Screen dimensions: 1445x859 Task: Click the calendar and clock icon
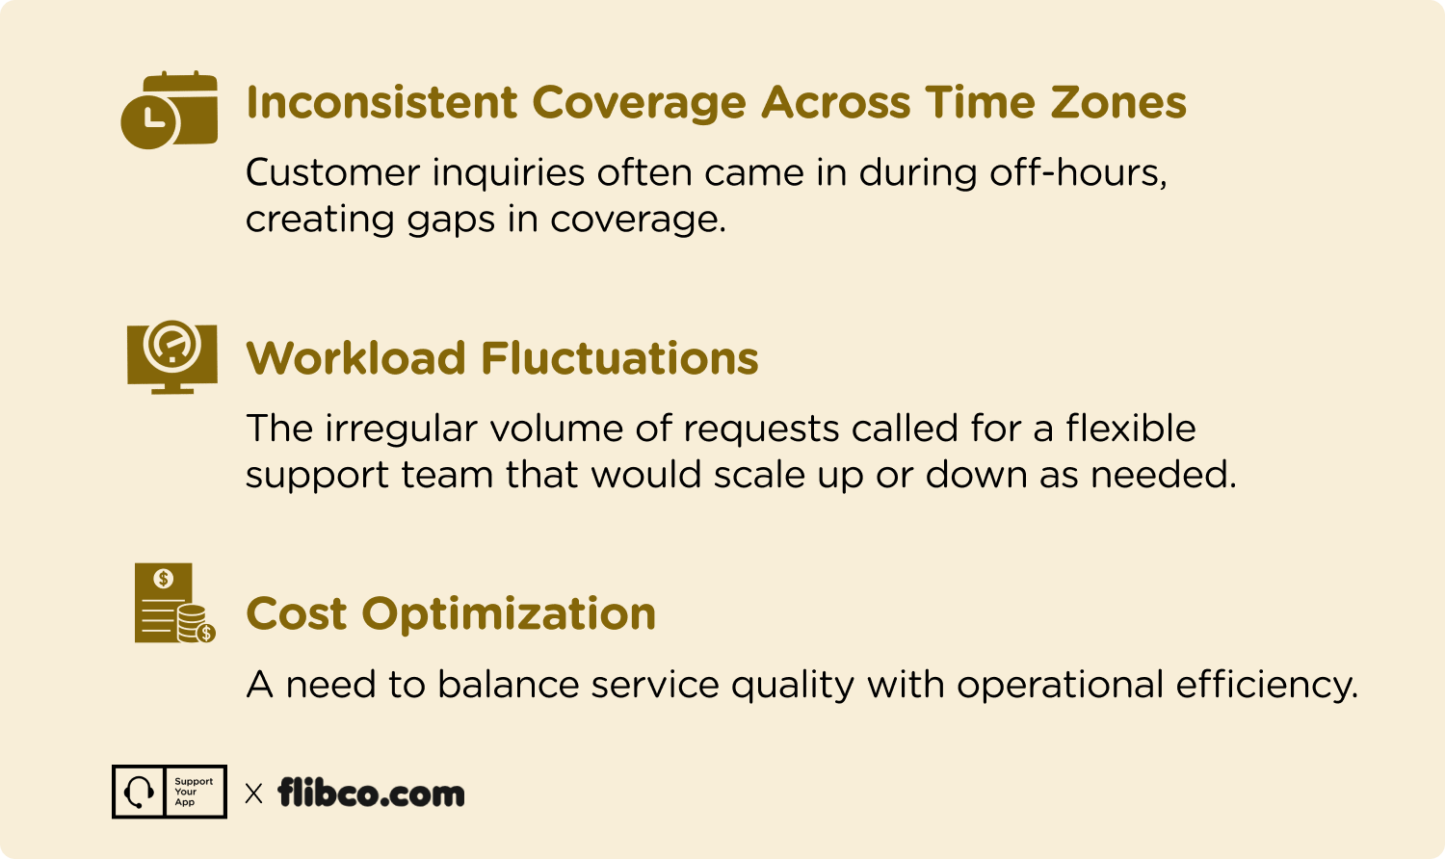pos(169,110)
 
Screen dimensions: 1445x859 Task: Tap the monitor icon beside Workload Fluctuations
pos(172,356)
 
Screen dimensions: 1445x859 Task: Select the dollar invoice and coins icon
pos(174,603)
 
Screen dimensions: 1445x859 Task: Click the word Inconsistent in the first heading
pos(381,102)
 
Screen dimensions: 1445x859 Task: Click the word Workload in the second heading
pos(356,358)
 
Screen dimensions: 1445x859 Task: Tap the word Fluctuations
pos(620,358)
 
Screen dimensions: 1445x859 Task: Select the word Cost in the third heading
pos(296,613)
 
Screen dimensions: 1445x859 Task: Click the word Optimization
pos(509,614)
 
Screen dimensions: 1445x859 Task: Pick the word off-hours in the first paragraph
pos(1078,172)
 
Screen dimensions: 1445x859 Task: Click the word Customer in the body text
pos(333,172)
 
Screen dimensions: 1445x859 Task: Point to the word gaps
pos(451,221)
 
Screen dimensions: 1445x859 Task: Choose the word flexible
pos(1130,428)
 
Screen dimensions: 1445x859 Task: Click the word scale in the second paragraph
pos(760,475)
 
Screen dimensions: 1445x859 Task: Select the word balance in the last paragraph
pos(509,684)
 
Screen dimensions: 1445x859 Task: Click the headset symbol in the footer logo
pos(139,792)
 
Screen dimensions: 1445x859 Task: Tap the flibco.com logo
pos(371,793)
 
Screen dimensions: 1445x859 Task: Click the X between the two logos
pos(254,794)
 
